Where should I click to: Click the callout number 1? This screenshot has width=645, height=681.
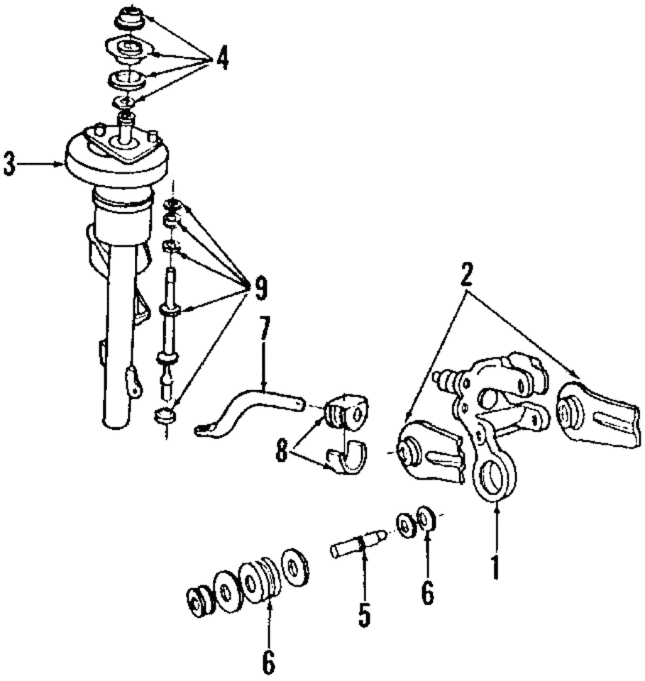coord(495,567)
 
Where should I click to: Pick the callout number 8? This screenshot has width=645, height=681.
coord(282,451)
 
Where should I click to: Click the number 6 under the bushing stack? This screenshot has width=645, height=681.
coord(268,661)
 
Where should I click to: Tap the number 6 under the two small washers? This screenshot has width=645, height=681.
coord(426,593)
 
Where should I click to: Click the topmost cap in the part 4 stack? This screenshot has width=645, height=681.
coord(129,17)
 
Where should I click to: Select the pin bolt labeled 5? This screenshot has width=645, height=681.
coord(358,544)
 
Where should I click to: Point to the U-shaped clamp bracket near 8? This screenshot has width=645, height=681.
coord(347,460)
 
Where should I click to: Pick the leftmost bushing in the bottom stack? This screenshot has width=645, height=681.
coord(199,602)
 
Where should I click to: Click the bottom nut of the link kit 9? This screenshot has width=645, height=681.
coord(165,415)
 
